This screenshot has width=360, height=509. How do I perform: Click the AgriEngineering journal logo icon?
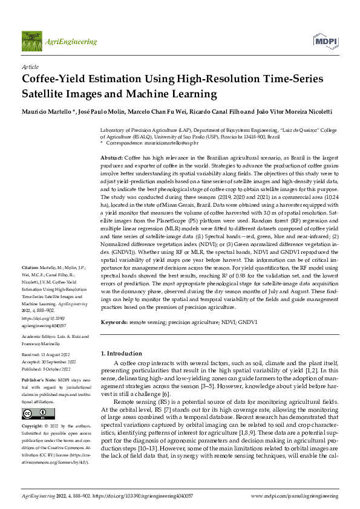point(31,42)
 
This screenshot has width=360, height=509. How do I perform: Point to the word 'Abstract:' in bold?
point(111,157)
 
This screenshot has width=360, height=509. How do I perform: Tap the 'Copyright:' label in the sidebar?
point(33,426)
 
